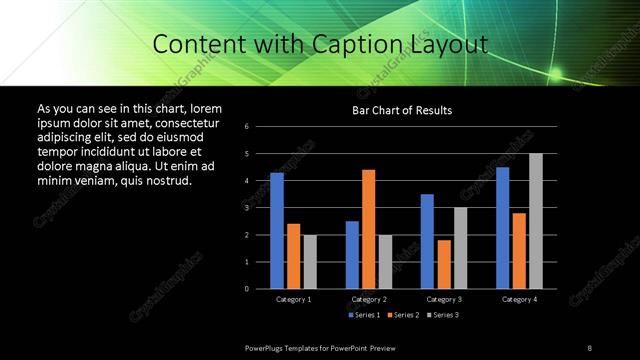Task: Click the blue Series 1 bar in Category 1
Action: [277, 230]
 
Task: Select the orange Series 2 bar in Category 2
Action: [369, 229]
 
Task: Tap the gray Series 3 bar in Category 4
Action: [536, 221]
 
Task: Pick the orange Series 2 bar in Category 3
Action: [444, 264]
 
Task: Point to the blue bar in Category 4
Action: [503, 227]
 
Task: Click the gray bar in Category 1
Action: [310, 261]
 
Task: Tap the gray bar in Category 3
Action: [461, 248]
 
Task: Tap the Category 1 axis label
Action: [294, 299]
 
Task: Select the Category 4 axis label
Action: [519, 299]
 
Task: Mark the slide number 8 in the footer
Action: [589, 347]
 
